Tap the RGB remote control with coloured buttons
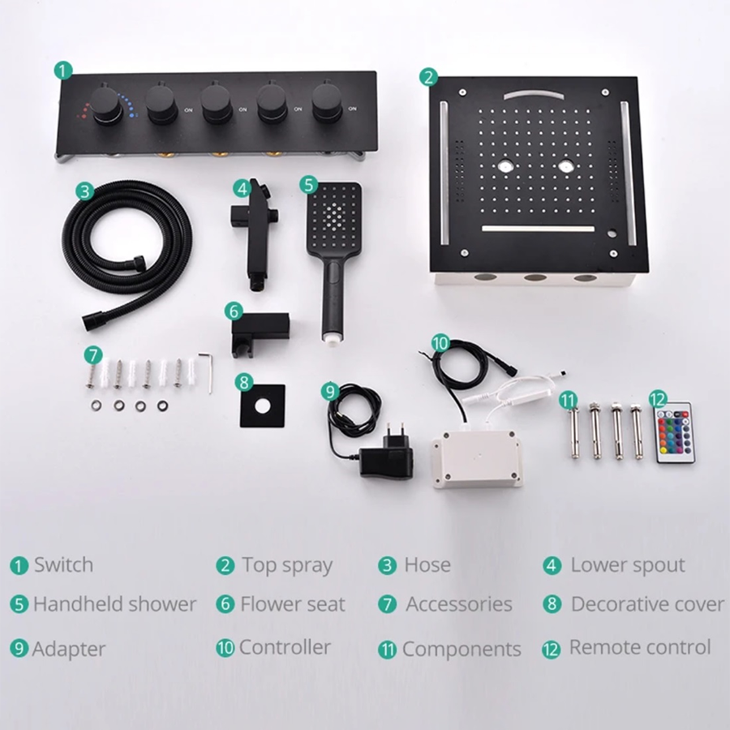pyautogui.click(x=675, y=433)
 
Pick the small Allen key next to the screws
pyautogui.click(x=208, y=370)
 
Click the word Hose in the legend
pyautogui.click(x=427, y=565)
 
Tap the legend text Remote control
pyautogui.click(x=639, y=647)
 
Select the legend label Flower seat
pyautogui.click(x=292, y=604)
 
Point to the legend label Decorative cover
pyautogui.click(x=646, y=604)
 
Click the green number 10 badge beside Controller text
pyautogui.click(x=225, y=648)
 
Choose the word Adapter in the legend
pyautogui.click(x=69, y=649)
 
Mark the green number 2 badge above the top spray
pyautogui.click(x=428, y=77)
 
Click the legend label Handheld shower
pyautogui.click(x=114, y=604)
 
